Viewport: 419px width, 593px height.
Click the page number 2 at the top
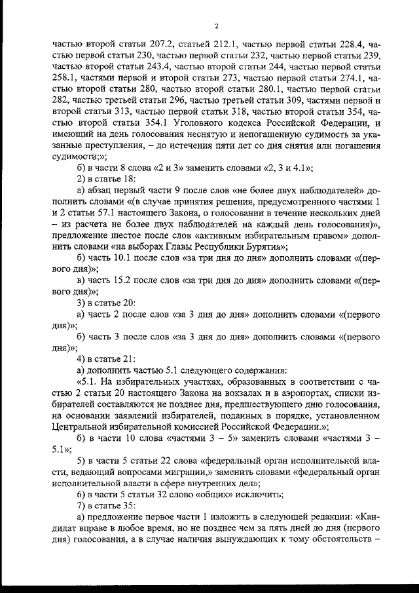pyautogui.click(x=215, y=26)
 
